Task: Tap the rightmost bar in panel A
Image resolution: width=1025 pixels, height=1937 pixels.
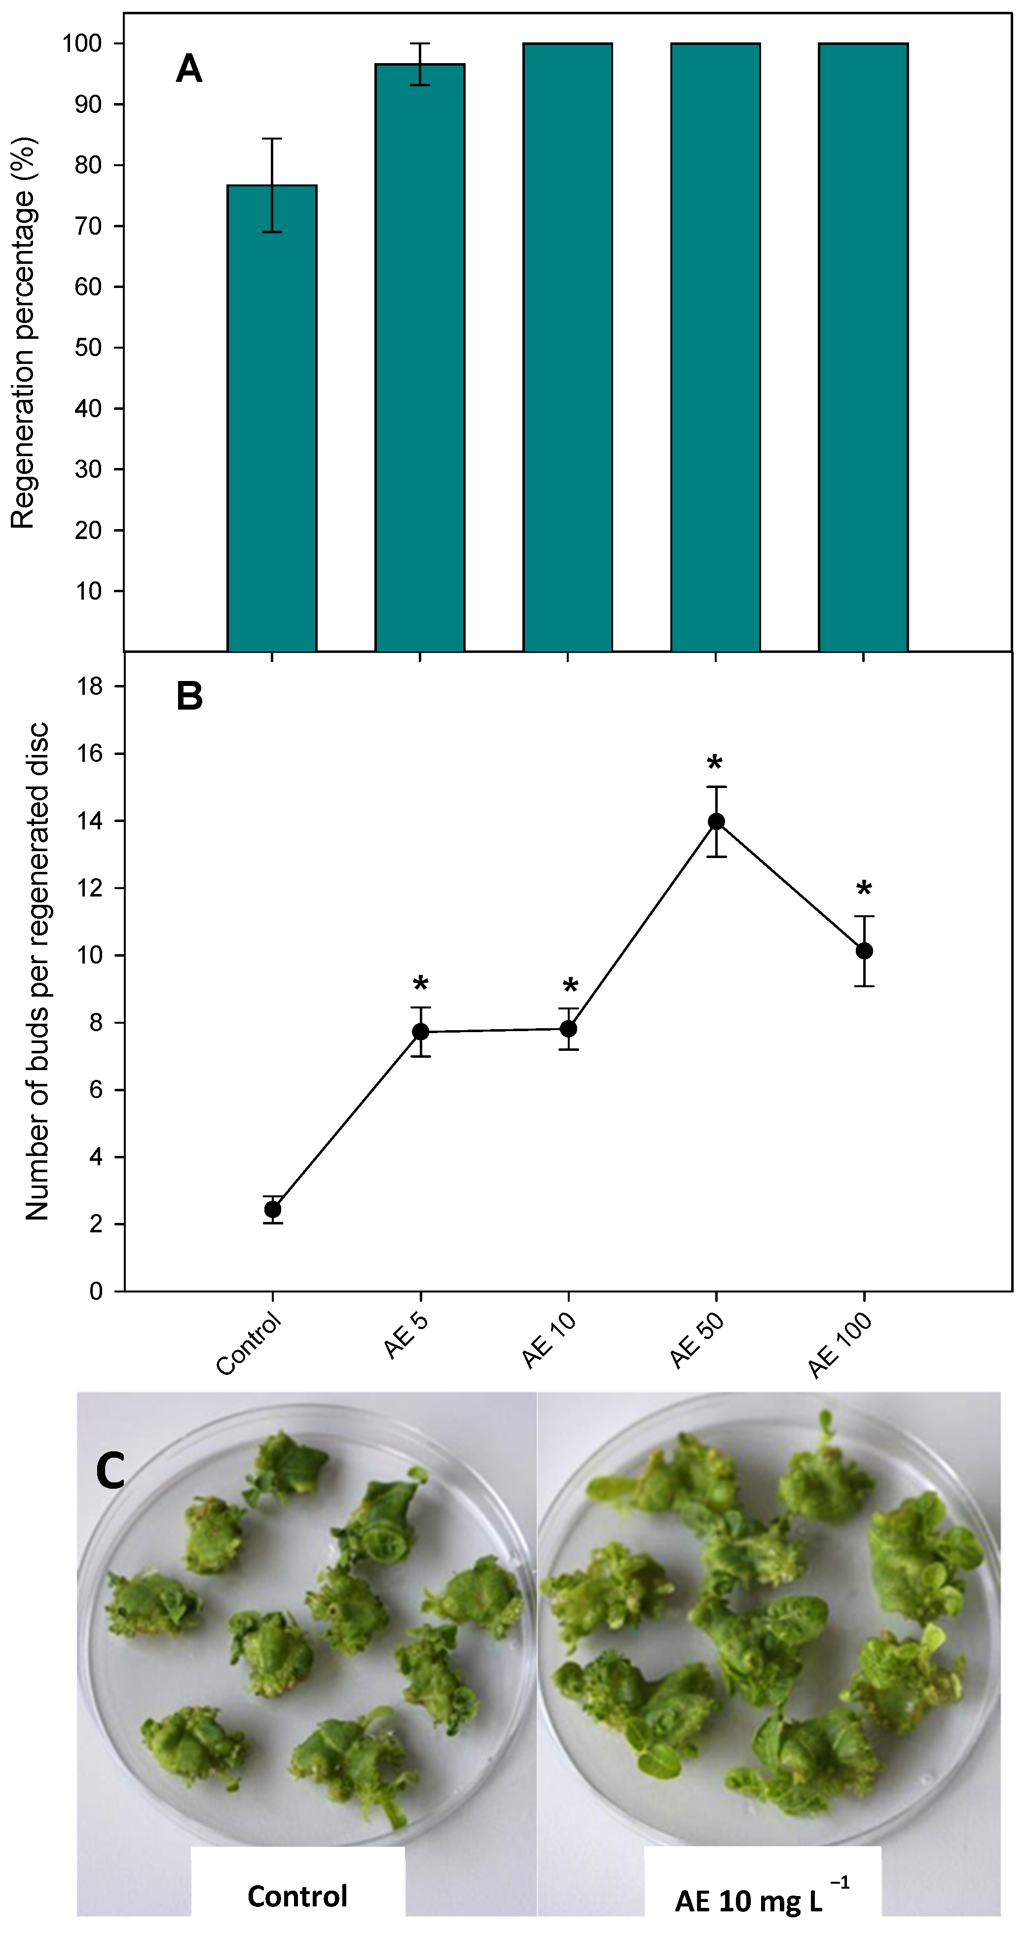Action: (863, 346)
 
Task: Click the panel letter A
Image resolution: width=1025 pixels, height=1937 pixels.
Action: (189, 70)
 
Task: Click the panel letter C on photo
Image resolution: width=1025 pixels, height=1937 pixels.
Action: (110, 1472)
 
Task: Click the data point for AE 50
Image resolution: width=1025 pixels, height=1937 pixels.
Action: (716, 821)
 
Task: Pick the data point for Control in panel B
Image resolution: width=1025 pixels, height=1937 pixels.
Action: (273, 1209)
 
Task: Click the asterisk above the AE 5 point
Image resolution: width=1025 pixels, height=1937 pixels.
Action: (420, 983)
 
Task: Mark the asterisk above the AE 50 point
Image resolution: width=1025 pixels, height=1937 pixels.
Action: (714, 764)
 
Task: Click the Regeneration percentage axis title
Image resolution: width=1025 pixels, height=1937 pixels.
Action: (23, 333)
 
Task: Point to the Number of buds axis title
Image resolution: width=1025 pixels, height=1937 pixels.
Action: (37, 970)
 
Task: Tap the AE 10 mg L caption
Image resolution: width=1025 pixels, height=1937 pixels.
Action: (760, 1898)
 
